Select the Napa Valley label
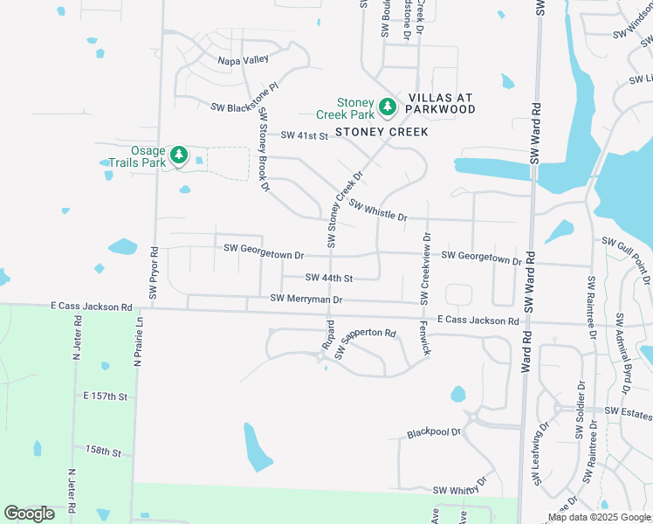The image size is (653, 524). (x=244, y=60)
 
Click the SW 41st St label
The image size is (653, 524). (x=304, y=135)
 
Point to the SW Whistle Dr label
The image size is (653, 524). (x=377, y=210)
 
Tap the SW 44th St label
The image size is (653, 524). (x=328, y=278)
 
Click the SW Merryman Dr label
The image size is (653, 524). (x=306, y=299)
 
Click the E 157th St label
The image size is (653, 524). (x=106, y=396)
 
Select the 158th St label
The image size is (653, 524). (x=103, y=451)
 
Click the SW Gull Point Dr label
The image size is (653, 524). (x=628, y=247)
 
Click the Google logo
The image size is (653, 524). (x=29, y=514)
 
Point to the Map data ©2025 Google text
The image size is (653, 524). (x=598, y=517)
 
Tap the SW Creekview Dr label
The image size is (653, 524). (x=427, y=267)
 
